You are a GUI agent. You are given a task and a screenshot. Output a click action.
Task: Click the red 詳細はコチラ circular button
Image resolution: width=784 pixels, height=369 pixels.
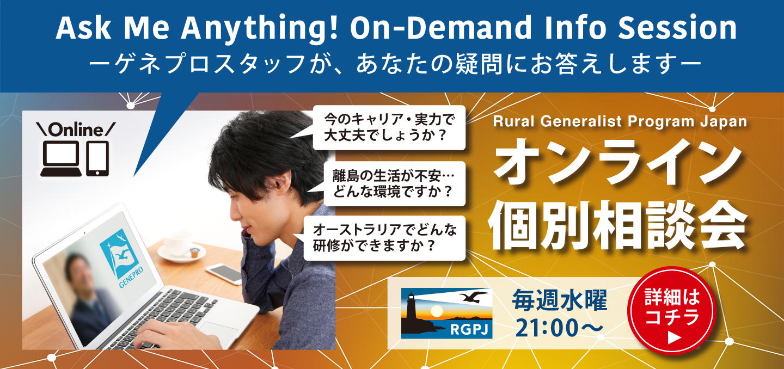672,311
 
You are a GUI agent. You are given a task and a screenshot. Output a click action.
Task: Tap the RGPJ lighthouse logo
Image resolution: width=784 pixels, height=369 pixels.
446,313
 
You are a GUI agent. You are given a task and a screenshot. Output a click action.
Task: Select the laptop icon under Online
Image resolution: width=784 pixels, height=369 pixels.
61,158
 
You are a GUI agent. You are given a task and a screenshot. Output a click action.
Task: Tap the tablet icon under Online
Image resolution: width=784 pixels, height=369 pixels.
97,158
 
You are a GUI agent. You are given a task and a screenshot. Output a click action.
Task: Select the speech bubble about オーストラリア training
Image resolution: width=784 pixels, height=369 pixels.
384,238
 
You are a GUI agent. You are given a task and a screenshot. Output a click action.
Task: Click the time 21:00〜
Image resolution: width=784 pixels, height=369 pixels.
559,328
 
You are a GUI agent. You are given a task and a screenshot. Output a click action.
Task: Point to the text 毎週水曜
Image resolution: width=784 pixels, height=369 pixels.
559,301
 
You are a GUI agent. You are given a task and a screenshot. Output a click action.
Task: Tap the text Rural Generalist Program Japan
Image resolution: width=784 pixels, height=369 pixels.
620,121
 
